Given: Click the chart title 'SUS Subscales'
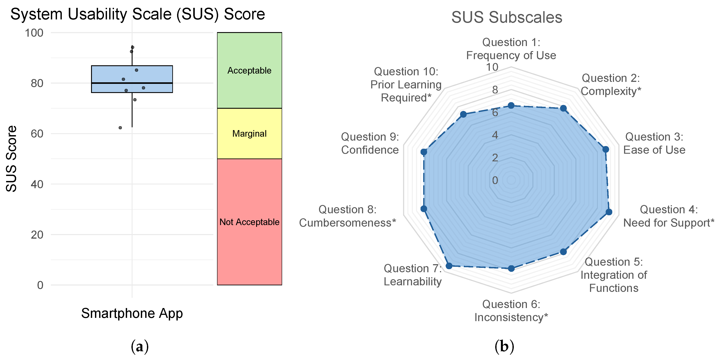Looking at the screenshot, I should (x=506, y=17).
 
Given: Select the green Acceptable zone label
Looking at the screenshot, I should (x=249, y=71).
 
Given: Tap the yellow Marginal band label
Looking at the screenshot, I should (x=249, y=134).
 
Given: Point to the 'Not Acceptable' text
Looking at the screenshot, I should (x=249, y=222).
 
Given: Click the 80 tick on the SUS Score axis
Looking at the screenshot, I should (x=37, y=83).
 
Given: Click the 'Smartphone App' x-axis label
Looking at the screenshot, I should (x=132, y=313).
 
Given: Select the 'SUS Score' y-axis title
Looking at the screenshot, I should (x=12, y=159).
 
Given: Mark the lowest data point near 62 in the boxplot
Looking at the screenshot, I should (x=120, y=128).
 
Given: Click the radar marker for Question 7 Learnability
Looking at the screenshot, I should (x=449, y=266).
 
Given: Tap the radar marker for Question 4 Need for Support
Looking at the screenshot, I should (x=609, y=212).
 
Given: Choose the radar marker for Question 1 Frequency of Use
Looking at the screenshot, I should (x=511, y=105).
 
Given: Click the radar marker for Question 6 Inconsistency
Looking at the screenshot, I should (x=511, y=269).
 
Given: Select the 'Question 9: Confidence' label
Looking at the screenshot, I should (x=370, y=143).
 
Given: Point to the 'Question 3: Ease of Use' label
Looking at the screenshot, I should (x=654, y=143).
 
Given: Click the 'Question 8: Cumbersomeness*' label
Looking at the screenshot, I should (x=347, y=216).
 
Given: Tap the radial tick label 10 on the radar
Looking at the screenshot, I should (x=492, y=67).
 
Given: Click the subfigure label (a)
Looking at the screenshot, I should (x=140, y=346).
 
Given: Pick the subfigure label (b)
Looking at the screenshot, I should (x=504, y=346).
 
